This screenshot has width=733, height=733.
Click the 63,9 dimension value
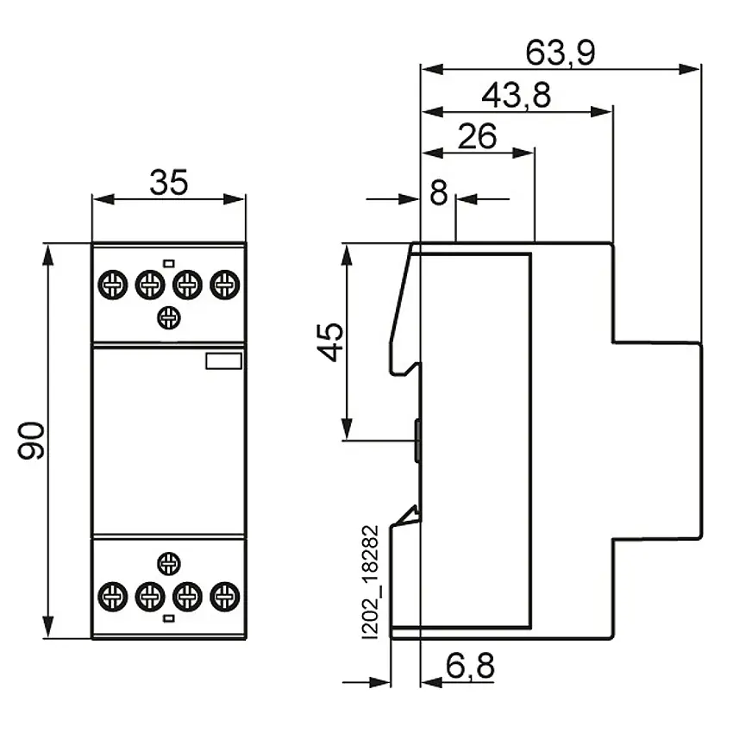[561, 53]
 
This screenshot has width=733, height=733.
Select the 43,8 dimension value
[516, 96]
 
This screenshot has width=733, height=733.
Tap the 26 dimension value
[477, 136]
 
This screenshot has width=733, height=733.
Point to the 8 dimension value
[438, 192]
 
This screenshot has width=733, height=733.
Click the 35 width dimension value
[169, 182]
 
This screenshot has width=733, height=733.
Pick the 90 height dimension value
[31, 441]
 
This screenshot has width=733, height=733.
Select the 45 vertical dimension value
[330, 341]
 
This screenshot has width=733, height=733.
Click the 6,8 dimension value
[470, 666]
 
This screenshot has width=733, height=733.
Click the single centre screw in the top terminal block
[169, 318]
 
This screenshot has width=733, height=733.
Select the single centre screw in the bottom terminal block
[169, 563]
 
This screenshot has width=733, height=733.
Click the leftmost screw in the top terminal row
[113, 285]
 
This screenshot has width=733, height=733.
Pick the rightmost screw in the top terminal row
[225, 285]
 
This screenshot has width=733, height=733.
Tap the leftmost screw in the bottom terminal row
[113, 597]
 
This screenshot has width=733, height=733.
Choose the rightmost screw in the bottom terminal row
[225, 597]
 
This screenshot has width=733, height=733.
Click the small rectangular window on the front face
[224, 361]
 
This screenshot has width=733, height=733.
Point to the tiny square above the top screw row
[169, 264]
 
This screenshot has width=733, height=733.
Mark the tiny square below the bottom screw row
[169, 618]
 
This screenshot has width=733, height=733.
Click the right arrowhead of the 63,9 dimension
[689, 69]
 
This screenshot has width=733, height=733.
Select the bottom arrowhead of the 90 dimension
[47, 627]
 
